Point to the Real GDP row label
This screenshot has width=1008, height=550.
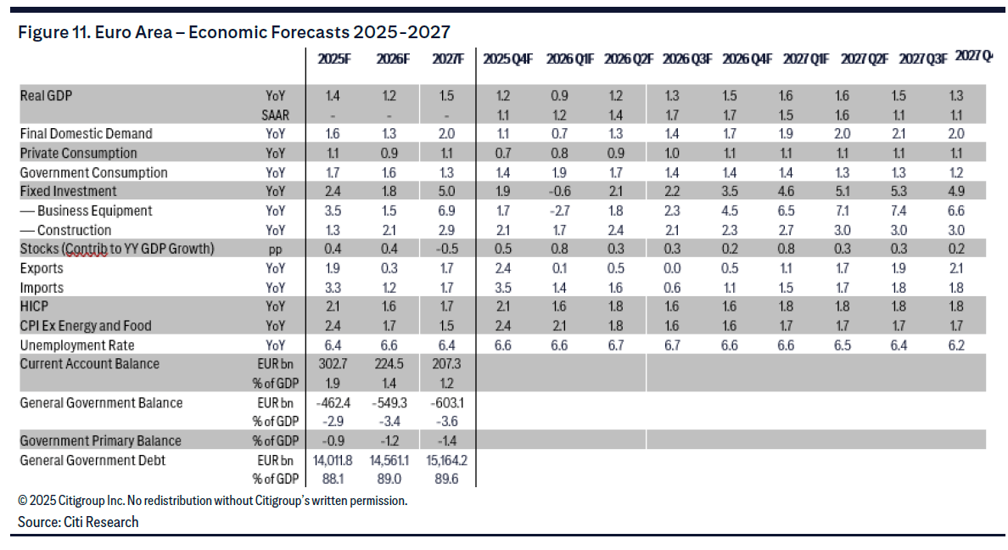point(46,95)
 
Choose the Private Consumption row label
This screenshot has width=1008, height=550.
point(78,153)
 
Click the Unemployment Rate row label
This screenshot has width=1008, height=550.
point(77,345)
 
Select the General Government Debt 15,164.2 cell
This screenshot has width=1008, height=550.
point(446,460)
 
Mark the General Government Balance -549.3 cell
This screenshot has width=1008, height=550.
point(389,403)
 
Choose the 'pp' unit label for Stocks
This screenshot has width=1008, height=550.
point(275,249)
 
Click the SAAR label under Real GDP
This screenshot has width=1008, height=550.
point(272,114)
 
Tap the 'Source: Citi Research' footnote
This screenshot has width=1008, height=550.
point(78,522)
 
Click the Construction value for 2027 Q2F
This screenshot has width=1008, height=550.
point(857,230)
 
